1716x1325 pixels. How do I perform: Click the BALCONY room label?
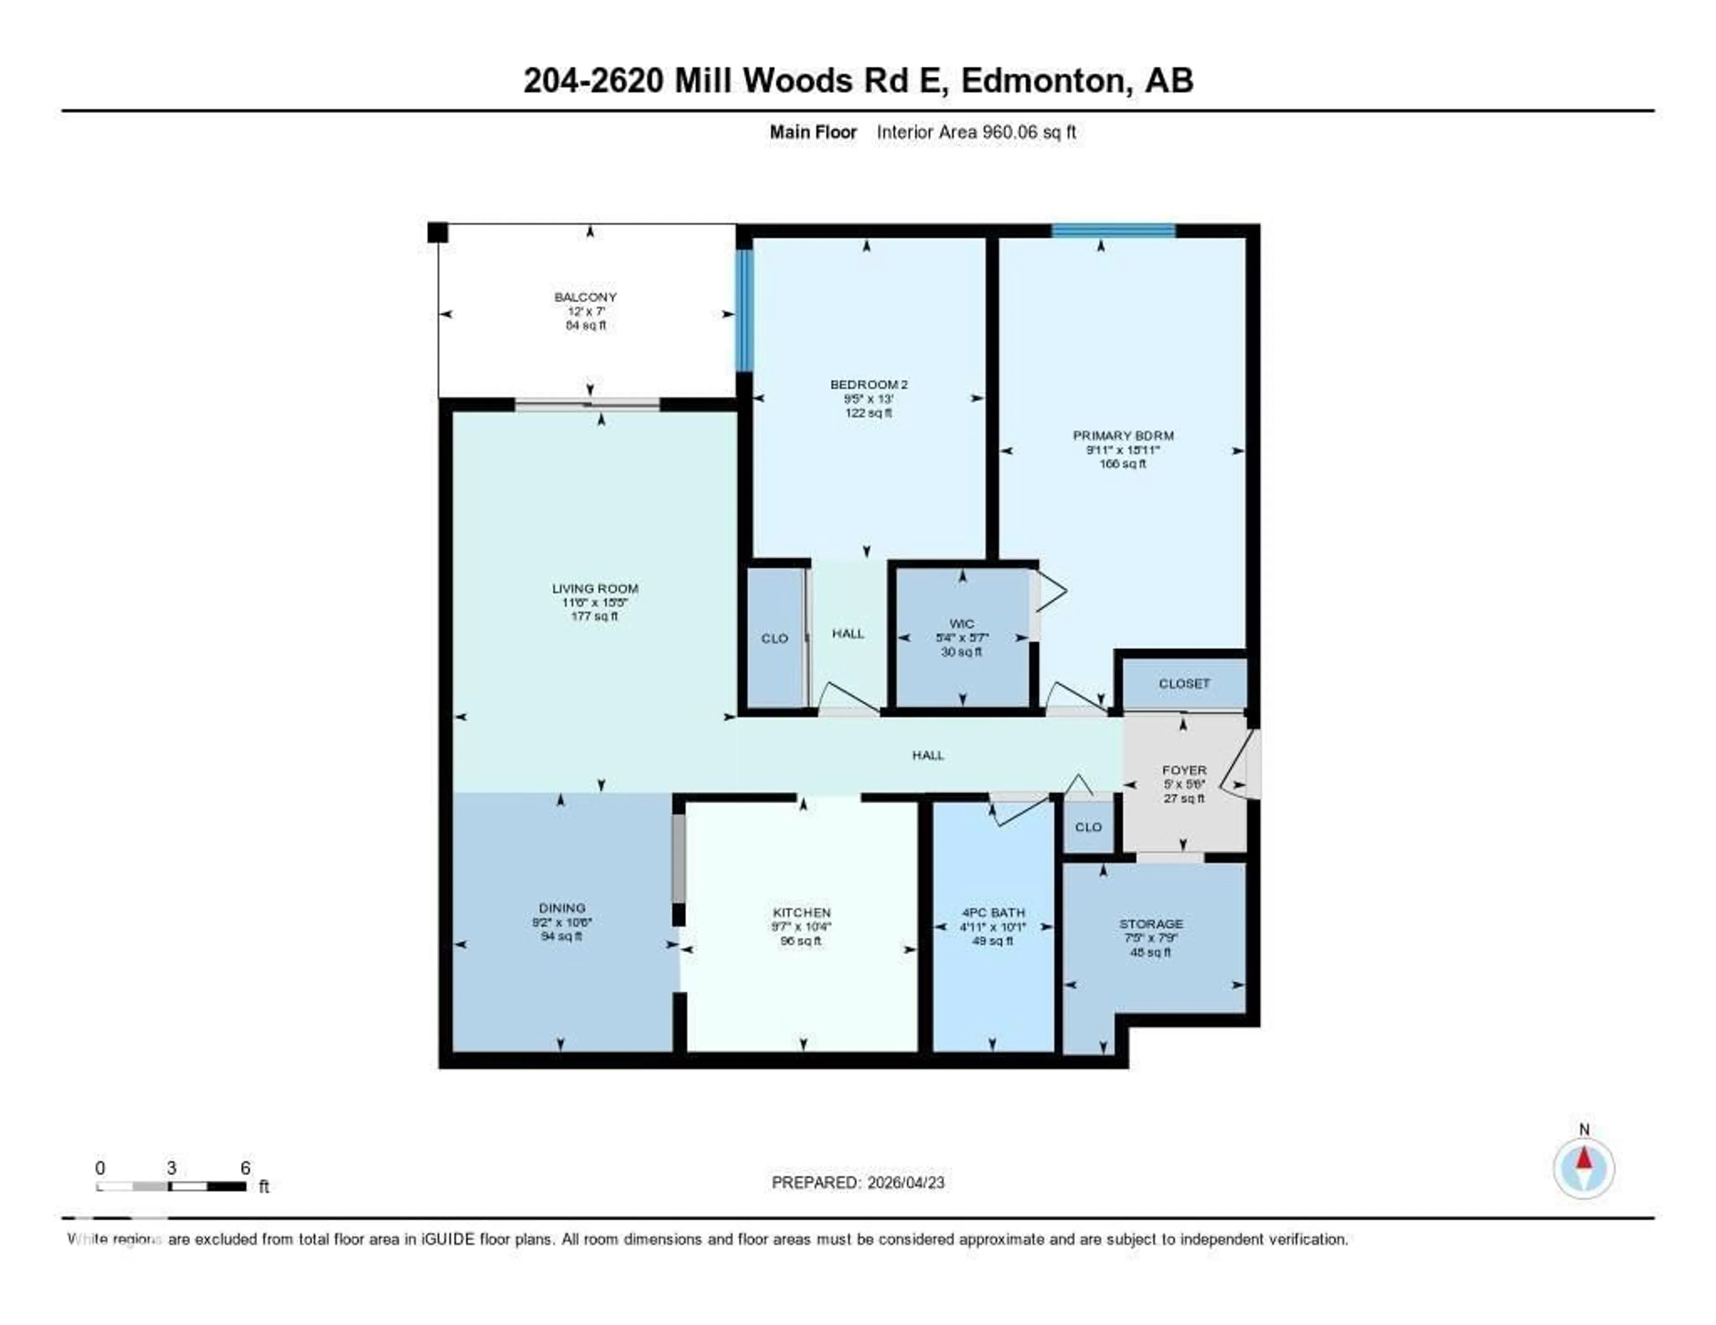click(585, 297)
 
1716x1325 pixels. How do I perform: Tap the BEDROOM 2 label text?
click(868, 385)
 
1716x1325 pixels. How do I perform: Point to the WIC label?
click(962, 624)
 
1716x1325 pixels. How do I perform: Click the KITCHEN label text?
click(801, 913)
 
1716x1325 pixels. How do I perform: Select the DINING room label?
click(562, 908)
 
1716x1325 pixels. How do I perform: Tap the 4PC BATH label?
click(993, 913)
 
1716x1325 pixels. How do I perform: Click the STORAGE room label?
click(1151, 924)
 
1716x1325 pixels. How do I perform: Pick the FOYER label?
click(1184, 771)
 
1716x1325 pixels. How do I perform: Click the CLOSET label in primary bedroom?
click(1184, 684)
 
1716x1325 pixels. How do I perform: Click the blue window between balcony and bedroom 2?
click(743, 310)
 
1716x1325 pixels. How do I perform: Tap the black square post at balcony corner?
click(437, 232)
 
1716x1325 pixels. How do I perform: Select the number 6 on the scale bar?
click(245, 1168)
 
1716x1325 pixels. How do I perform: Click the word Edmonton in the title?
click(1043, 81)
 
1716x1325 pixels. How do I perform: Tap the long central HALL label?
click(928, 755)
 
